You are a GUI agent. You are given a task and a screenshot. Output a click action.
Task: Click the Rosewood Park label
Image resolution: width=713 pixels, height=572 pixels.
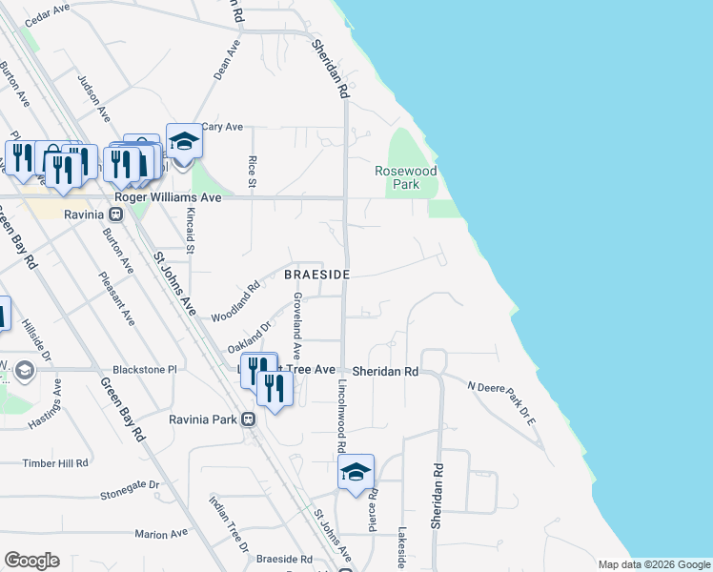point(405,177)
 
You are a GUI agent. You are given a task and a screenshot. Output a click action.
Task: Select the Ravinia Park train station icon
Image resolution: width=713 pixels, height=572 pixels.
point(248,419)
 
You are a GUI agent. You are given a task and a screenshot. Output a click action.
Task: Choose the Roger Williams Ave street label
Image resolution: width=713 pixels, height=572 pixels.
point(168,196)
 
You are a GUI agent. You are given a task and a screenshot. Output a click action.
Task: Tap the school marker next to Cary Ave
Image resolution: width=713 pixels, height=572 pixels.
point(184,142)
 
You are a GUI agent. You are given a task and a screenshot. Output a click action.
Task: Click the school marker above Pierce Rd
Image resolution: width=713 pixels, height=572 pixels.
point(356,472)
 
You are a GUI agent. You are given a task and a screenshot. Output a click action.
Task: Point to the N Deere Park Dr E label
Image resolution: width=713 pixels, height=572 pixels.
point(502,398)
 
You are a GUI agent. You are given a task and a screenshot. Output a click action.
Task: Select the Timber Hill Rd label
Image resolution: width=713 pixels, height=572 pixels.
point(55,462)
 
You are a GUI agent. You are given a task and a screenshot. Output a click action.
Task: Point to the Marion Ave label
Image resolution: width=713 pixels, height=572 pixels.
point(157,534)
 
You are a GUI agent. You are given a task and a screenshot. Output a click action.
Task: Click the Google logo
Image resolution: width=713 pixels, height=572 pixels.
point(31,561)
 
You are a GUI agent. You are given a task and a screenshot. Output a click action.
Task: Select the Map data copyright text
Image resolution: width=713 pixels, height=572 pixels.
point(654,564)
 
